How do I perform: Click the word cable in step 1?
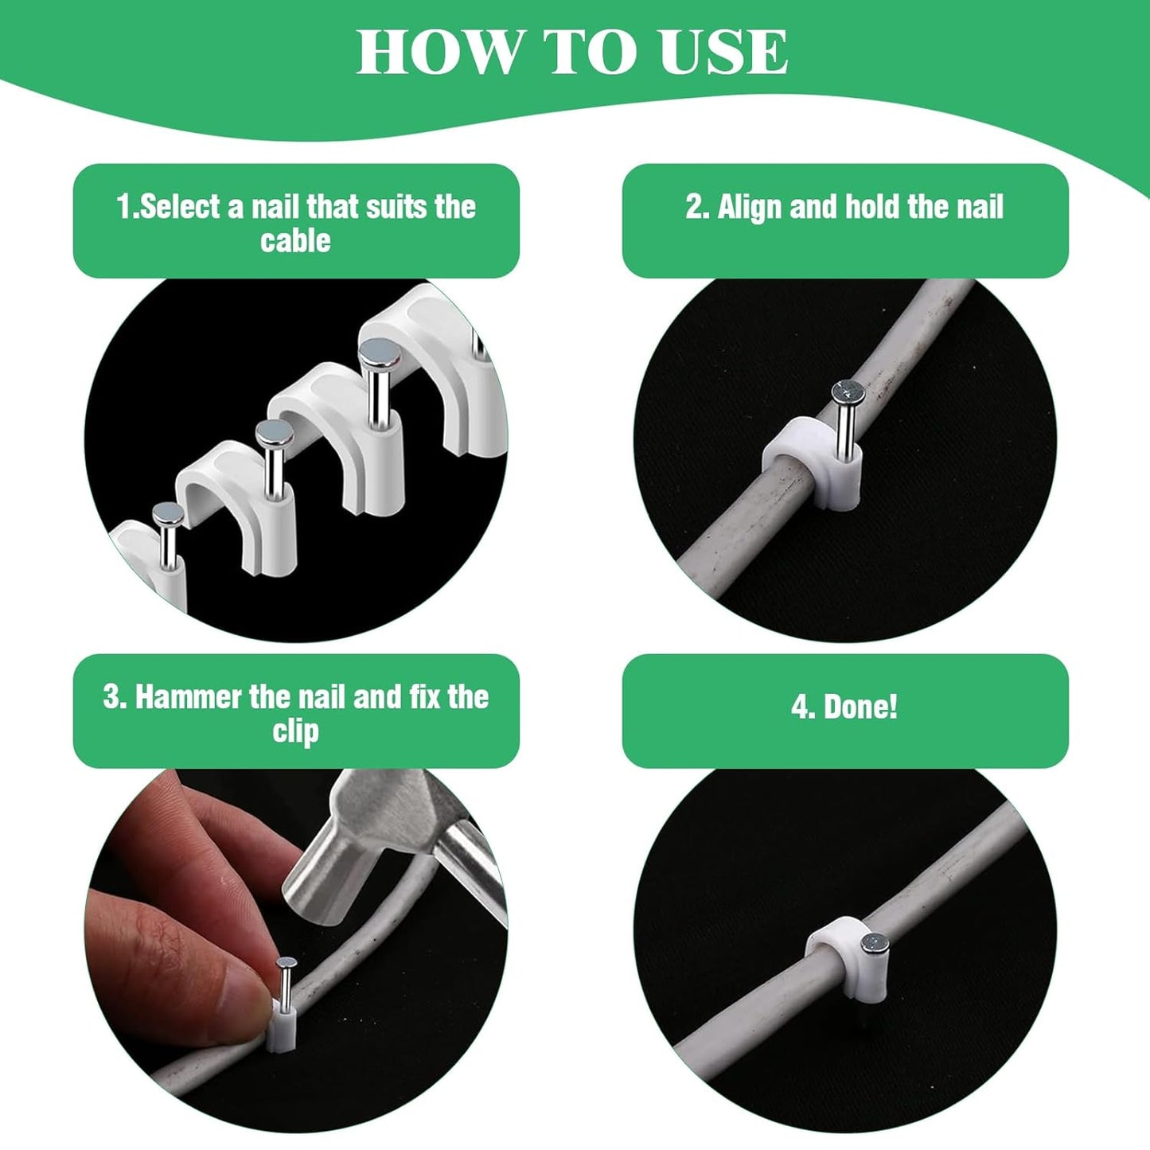pyautogui.click(x=295, y=241)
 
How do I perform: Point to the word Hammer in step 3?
pyautogui.click(x=189, y=697)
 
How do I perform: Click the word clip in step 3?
pyautogui.click(x=295, y=731)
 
